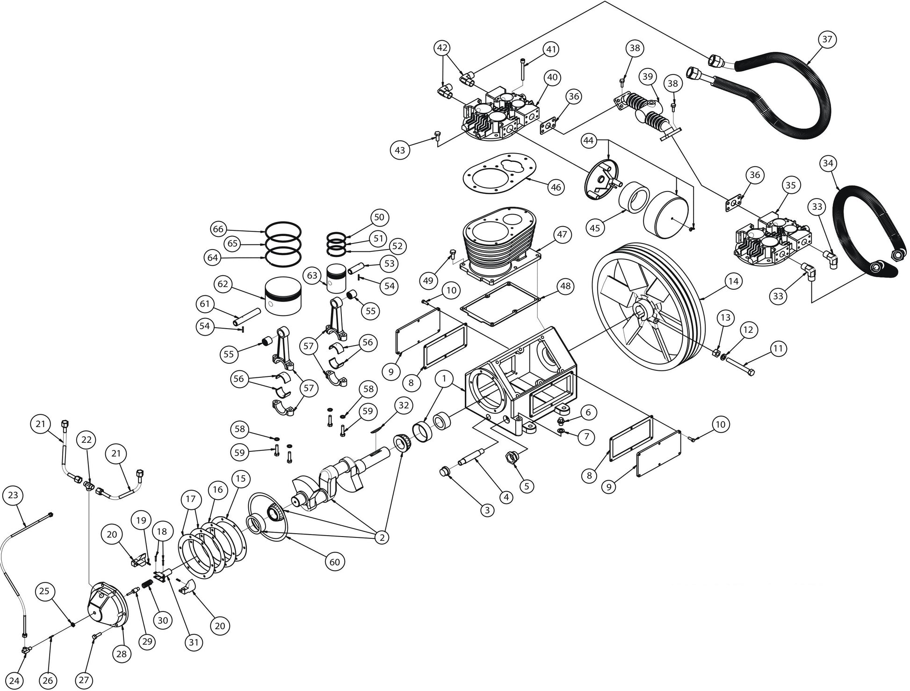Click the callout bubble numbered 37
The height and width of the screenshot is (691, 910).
827,39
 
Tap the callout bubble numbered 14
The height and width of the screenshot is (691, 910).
733,281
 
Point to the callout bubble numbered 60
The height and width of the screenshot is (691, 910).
334,562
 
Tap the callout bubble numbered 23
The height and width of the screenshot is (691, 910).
13,495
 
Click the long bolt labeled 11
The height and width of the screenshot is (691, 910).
741,368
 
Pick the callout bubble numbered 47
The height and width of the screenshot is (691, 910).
562,234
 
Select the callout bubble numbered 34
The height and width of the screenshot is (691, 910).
828,163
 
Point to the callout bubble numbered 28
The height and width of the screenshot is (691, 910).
121,654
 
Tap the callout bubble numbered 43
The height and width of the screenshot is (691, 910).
400,150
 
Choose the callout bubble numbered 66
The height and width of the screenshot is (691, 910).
218,229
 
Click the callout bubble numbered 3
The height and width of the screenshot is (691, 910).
487,510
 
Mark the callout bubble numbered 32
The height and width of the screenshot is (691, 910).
404,405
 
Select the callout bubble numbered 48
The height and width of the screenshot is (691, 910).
565,286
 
